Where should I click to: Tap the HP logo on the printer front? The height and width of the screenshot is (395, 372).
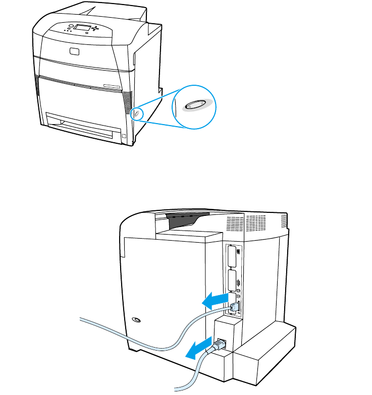[x=75, y=50]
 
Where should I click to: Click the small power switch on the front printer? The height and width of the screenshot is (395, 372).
[x=135, y=115]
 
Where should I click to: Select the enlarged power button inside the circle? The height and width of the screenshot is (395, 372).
[x=195, y=105]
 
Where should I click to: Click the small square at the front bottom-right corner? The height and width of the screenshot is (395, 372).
[x=124, y=135]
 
